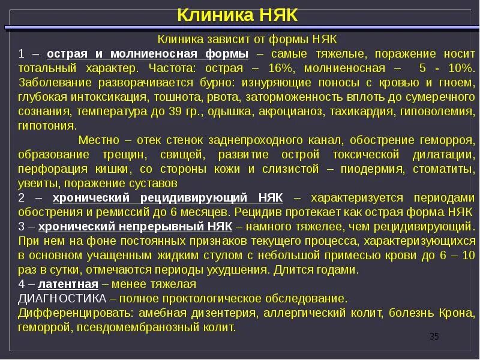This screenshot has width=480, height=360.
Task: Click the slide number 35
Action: [x=434, y=337]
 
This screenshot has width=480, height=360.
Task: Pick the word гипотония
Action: [x=47, y=126]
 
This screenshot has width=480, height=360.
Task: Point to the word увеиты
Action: [x=38, y=184]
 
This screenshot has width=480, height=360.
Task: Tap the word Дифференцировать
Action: [x=76, y=313]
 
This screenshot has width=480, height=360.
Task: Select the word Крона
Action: [x=460, y=313]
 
